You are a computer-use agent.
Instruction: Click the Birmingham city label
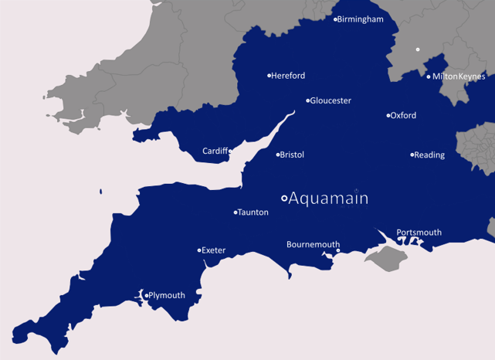(x=361, y=19)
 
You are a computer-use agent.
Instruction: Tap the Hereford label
(x=288, y=76)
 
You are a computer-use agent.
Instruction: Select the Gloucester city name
(x=331, y=100)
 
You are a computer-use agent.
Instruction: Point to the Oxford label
(x=403, y=116)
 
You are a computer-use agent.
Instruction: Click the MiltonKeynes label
(x=459, y=76)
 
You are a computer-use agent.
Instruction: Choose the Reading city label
(x=429, y=155)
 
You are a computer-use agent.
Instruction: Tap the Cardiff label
(x=215, y=151)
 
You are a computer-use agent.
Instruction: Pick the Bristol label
(x=292, y=155)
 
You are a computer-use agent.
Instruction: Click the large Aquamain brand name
(x=328, y=199)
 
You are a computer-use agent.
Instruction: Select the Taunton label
(x=253, y=212)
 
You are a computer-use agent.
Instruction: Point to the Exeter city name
(x=213, y=250)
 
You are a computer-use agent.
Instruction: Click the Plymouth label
(x=167, y=295)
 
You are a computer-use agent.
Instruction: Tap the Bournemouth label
(x=313, y=245)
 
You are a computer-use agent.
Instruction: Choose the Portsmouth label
(x=419, y=233)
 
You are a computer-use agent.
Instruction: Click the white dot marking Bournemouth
(x=337, y=250)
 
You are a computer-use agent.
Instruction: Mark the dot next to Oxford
(x=388, y=116)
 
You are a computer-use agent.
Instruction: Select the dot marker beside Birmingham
(x=335, y=19)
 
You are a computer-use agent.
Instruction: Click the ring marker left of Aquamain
(x=284, y=199)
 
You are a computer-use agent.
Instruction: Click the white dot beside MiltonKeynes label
(x=429, y=76)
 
